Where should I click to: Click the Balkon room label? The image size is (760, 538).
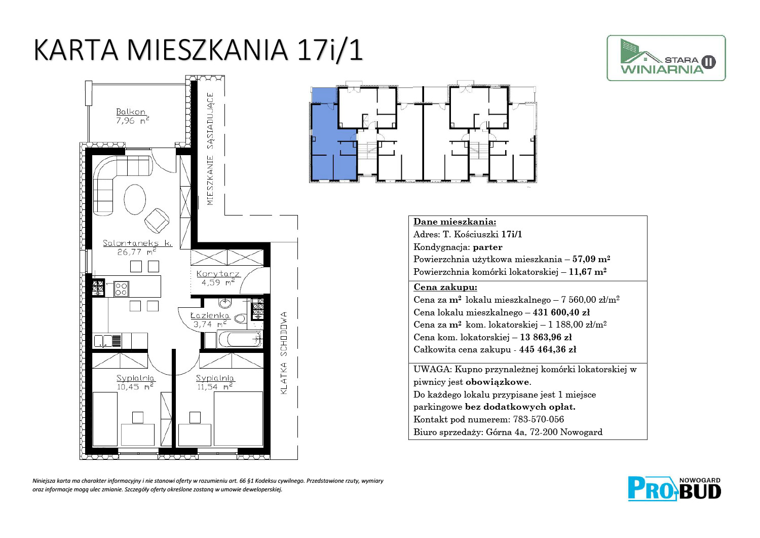click(x=131, y=112)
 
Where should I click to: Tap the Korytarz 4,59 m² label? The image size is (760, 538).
click(x=218, y=278)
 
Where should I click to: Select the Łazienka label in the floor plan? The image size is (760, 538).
click(x=210, y=315)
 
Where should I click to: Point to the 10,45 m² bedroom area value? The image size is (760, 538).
click(x=135, y=386)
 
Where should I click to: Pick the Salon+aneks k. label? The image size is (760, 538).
click(x=137, y=243)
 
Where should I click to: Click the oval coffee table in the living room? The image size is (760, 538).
click(x=135, y=199)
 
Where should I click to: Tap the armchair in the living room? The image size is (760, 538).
click(x=157, y=221)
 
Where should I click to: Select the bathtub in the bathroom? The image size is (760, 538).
click(x=240, y=339)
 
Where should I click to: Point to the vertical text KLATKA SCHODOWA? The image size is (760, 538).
click(x=284, y=353)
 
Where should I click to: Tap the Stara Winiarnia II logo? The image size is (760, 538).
click(x=666, y=58)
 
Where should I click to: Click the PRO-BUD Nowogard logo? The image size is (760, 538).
click(x=674, y=489)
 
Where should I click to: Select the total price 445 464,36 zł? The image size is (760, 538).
click(x=547, y=349)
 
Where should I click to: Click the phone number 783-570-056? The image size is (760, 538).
click(x=539, y=419)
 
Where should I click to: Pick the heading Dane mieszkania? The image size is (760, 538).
click(x=454, y=222)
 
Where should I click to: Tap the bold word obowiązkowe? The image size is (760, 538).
click(x=497, y=382)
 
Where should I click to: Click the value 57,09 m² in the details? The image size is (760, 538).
click(x=591, y=259)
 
